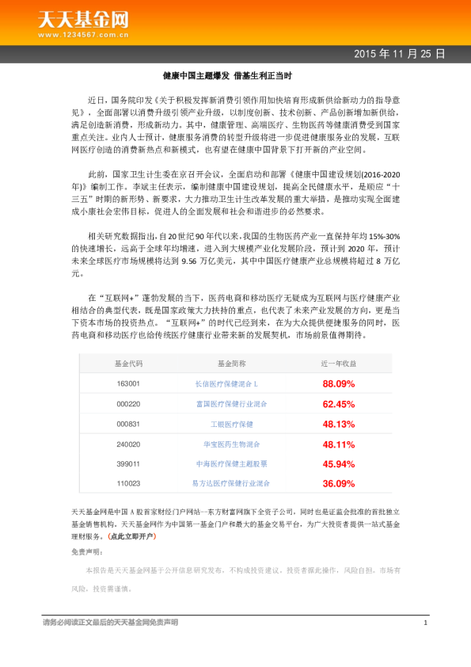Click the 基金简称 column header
tap(232, 363)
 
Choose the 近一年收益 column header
tap(338, 363)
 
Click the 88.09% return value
tap(338, 383)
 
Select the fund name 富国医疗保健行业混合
tap(232, 403)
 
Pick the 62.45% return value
tap(338, 403)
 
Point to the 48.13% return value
tap(338, 424)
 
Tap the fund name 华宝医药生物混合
tap(232, 444)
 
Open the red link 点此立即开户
tap(134, 536)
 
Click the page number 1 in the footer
tap(425, 623)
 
